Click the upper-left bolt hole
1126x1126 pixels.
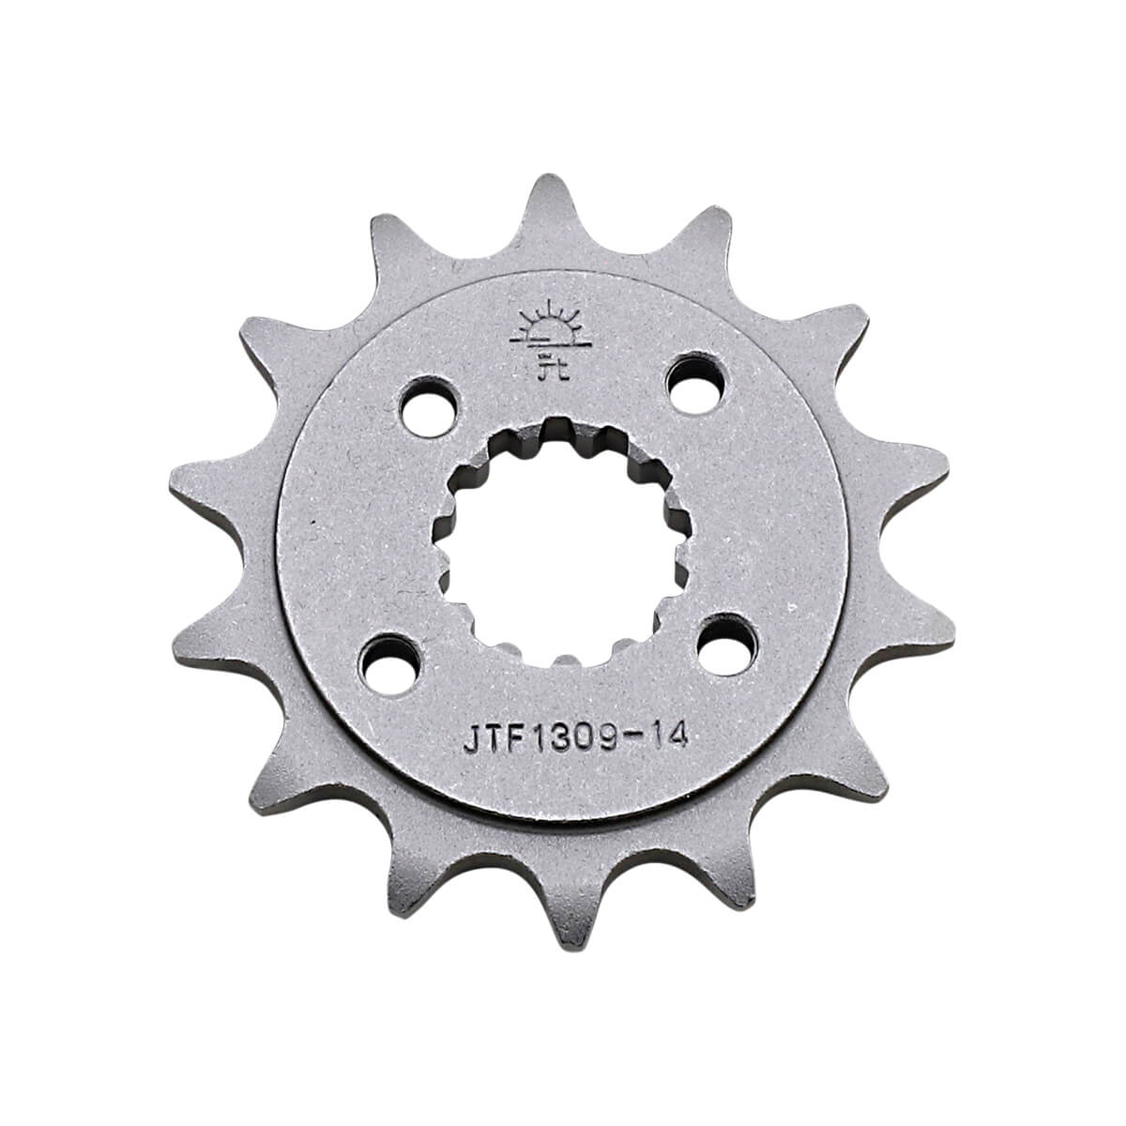pyautogui.click(x=429, y=406)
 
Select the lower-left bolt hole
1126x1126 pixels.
pyautogui.click(x=391, y=667)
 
